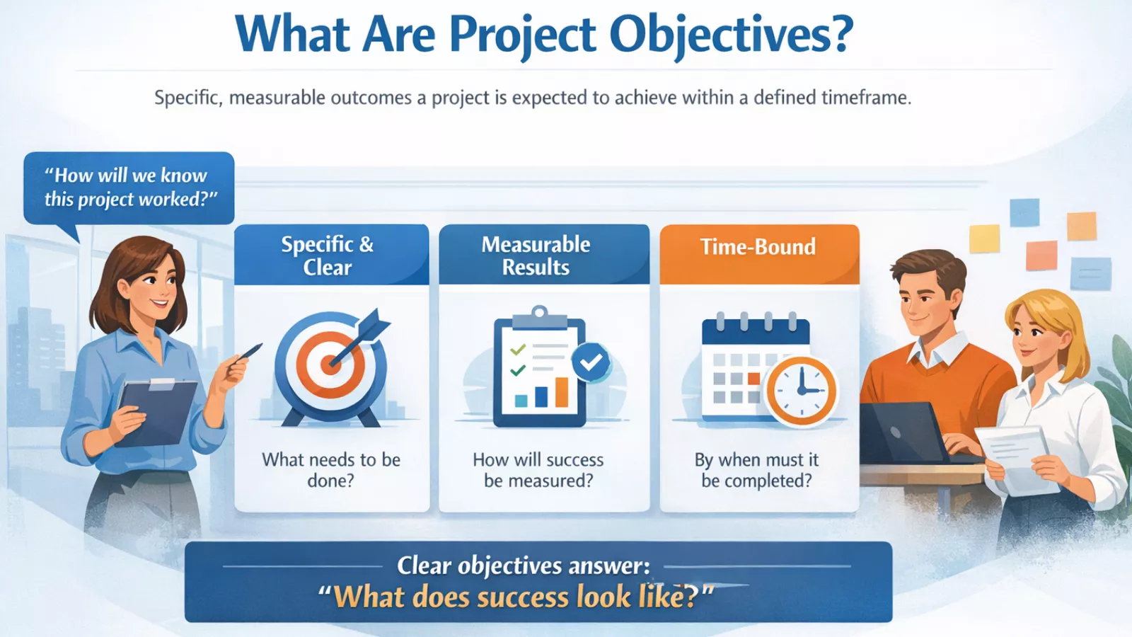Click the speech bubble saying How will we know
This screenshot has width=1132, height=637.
[129, 188]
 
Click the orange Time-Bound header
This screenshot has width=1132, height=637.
[758, 248]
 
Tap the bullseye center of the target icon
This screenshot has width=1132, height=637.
[330, 365]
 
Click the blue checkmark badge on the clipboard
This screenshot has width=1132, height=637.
[591, 362]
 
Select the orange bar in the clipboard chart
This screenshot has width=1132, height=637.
[562, 392]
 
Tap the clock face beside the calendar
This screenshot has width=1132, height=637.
[801, 391]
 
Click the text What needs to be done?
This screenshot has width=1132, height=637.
[331, 470]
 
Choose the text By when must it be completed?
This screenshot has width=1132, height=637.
[756, 470]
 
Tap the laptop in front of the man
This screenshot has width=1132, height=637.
[902, 431]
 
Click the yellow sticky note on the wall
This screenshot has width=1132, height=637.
[984, 239]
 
